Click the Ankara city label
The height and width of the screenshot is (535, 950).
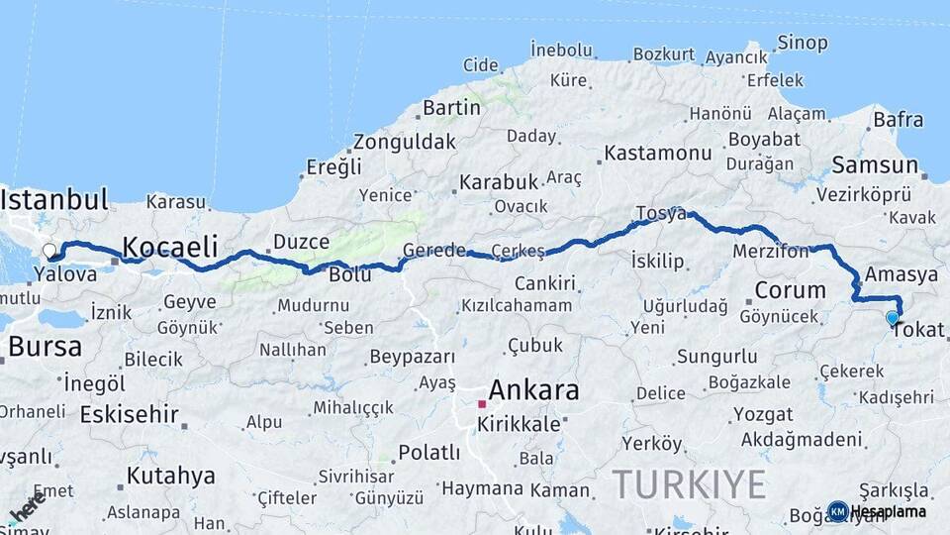tap(533, 389)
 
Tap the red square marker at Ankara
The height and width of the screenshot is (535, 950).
tap(482, 404)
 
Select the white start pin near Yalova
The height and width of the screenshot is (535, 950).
tap(49, 252)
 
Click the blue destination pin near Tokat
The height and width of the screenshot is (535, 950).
tap(893, 319)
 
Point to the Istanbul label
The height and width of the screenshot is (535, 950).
tap(53, 199)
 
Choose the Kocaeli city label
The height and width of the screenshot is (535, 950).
tap(169, 247)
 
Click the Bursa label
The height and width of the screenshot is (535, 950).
tap(45, 347)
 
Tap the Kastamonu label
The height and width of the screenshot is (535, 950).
tap(658, 153)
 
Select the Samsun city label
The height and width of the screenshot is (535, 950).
tap(876, 164)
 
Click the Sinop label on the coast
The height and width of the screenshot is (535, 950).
tap(802, 43)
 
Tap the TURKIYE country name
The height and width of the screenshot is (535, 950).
tap(689, 484)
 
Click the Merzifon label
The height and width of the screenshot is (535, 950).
tap(770, 253)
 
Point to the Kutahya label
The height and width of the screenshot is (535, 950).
tap(170, 476)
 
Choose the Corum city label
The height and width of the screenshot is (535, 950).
tap(790, 290)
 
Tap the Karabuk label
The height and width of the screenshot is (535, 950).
tap(498, 182)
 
